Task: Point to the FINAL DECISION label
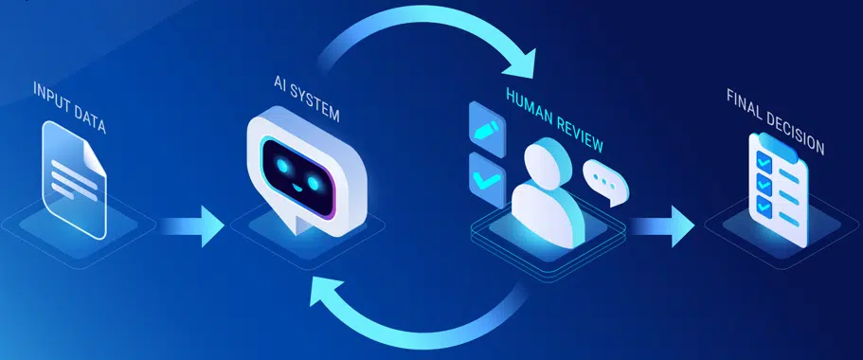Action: (x=775, y=120)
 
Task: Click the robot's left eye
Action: (x=279, y=163)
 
